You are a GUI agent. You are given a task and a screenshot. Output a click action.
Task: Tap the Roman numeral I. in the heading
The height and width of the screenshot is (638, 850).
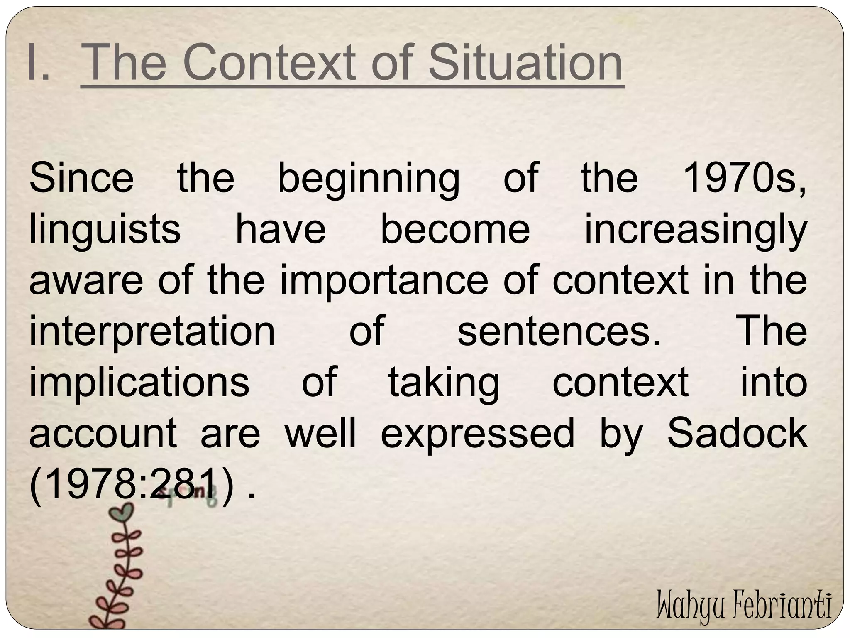click(x=38, y=63)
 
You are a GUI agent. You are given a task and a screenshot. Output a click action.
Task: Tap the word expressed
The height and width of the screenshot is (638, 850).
click(x=477, y=434)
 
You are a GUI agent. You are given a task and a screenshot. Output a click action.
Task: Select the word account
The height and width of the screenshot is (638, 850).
click(x=103, y=434)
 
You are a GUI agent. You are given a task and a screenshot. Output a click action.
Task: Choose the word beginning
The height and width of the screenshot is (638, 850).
click(x=369, y=179)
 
